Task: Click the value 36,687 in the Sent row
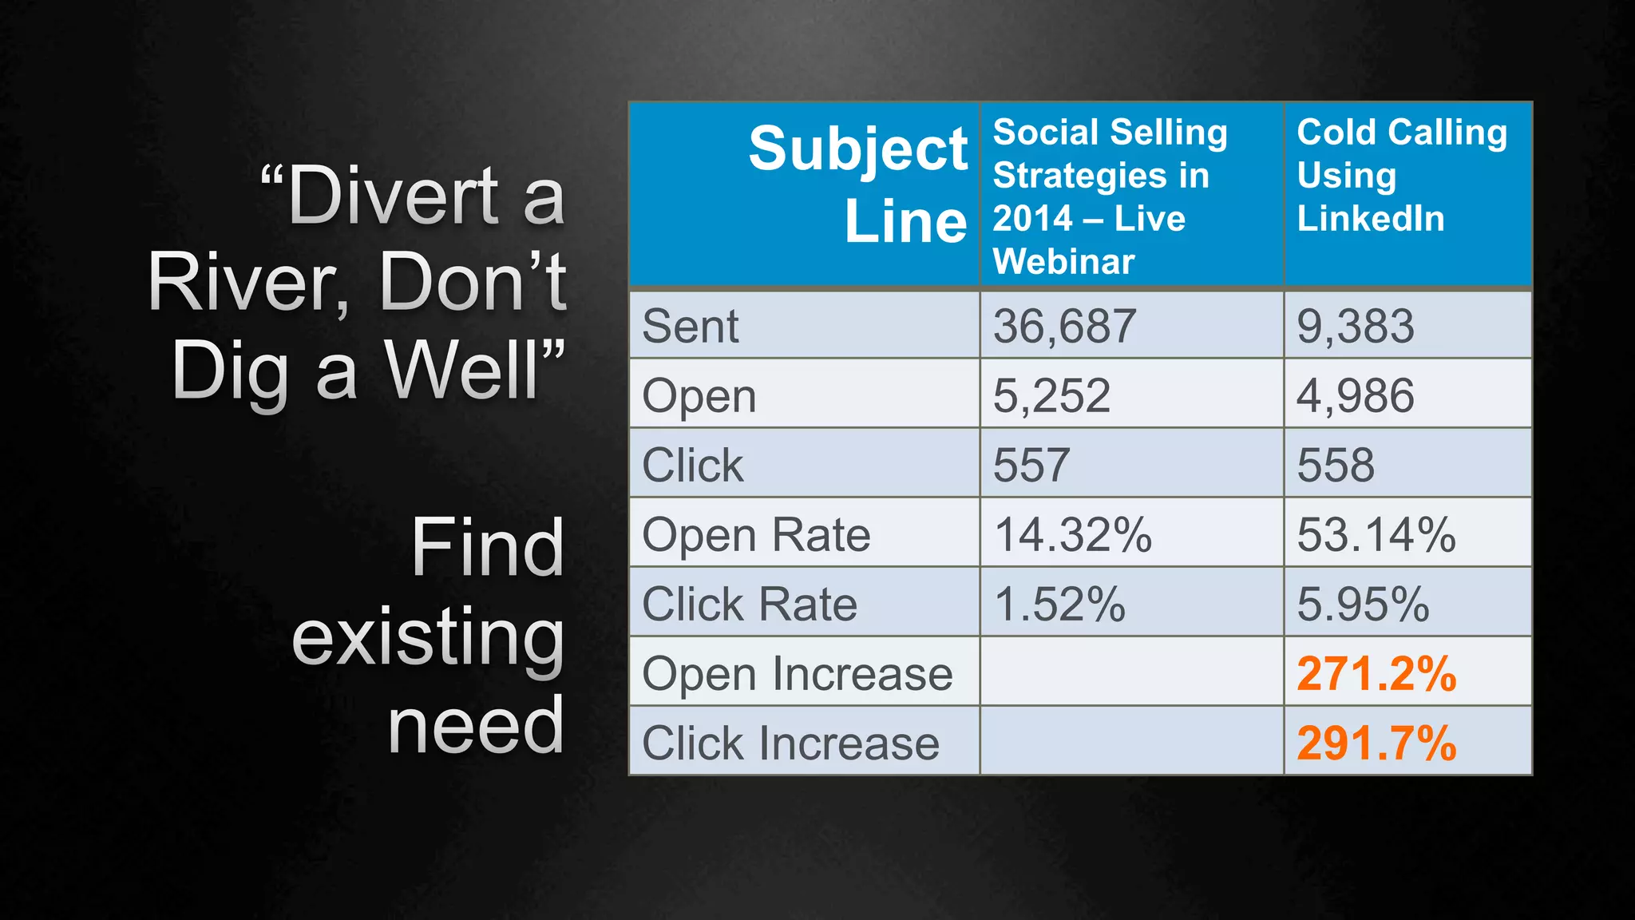click(x=1064, y=326)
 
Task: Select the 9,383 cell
click(x=1356, y=326)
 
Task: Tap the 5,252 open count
click(x=1051, y=395)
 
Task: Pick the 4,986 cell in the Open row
click(x=1356, y=395)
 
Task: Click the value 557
click(x=1031, y=465)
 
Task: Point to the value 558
click(x=1336, y=465)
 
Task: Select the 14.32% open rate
click(x=1072, y=534)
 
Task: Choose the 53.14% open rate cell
click(x=1376, y=534)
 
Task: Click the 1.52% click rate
click(x=1059, y=604)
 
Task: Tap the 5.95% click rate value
click(x=1363, y=604)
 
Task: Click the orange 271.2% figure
click(x=1376, y=673)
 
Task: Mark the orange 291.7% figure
click(x=1376, y=743)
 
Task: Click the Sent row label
click(x=691, y=326)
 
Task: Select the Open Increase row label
click(x=797, y=673)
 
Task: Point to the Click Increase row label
click(x=790, y=743)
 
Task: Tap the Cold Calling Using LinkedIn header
click(x=1401, y=175)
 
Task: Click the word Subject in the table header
click(x=857, y=149)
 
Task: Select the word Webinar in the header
click(x=1063, y=261)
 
